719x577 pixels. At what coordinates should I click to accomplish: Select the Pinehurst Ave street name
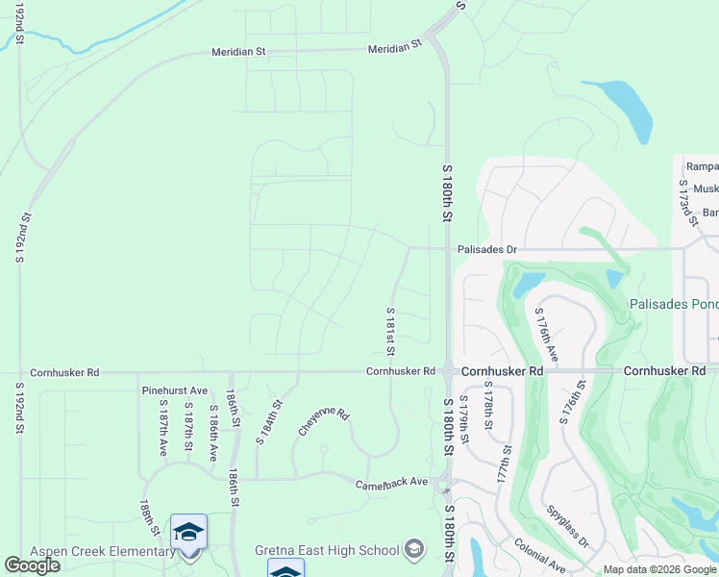coord(174,391)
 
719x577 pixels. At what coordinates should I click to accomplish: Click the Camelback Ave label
coord(391,483)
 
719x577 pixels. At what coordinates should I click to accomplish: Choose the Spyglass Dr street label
coord(567,527)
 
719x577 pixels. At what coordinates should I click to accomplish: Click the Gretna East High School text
coord(327,550)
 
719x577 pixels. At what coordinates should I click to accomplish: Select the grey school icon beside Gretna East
coord(414,549)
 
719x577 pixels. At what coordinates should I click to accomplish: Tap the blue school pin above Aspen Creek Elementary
coord(189,532)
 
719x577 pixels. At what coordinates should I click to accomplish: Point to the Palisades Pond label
coord(673,304)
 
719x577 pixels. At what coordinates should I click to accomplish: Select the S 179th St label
coord(463,419)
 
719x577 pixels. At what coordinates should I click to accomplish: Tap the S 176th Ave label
coord(546,335)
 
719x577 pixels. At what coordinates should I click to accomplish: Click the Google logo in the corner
coord(32,565)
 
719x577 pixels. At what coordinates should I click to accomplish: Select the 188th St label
coord(149,517)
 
